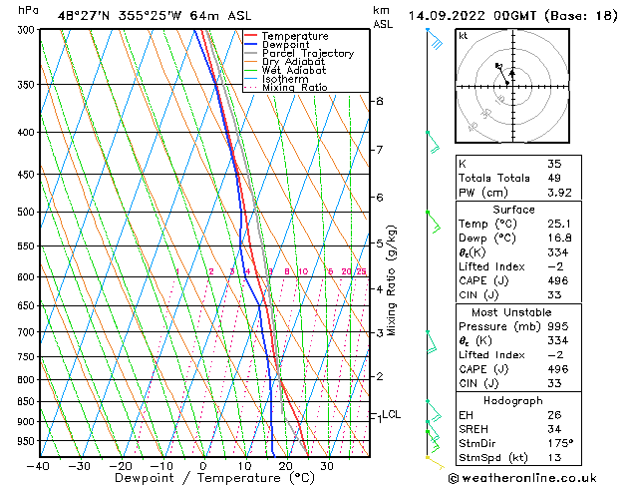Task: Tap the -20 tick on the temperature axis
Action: coord(121,466)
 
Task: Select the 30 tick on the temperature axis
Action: coord(327,466)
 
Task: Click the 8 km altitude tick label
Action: coord(379,101)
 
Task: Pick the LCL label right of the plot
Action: coord(392,414)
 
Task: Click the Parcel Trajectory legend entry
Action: coord(307,54)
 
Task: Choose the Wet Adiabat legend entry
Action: coord(294,71)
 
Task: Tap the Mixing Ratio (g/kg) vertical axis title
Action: coord(392,280)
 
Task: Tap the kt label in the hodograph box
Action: coord(464,35)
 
